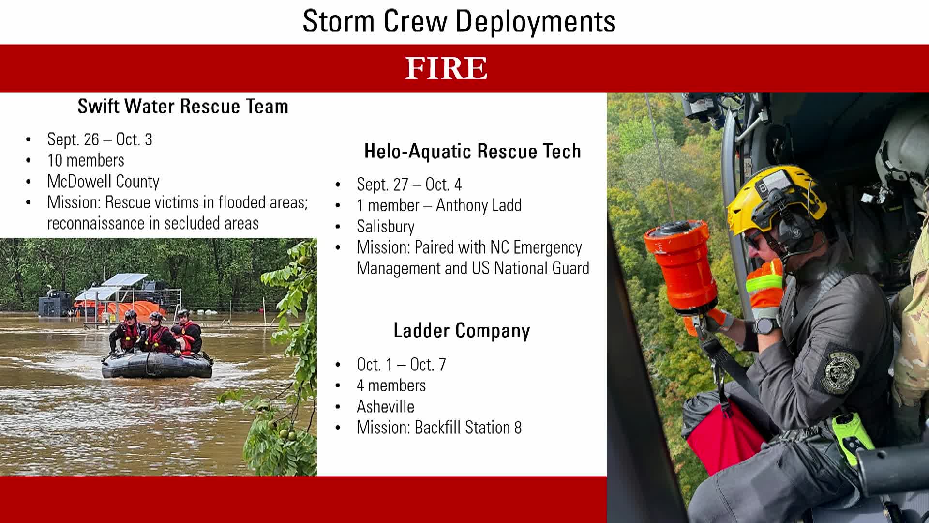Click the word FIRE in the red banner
446,68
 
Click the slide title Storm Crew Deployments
459,21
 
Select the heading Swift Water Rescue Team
183,107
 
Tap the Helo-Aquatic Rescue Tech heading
473,151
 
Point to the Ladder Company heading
462,331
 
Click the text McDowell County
103,182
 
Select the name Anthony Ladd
479,205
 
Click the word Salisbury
386,227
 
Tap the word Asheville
385,407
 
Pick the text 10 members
86,160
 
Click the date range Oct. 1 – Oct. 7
401,365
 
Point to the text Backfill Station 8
468,428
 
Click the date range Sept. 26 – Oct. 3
100,139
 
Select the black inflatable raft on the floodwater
157,365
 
